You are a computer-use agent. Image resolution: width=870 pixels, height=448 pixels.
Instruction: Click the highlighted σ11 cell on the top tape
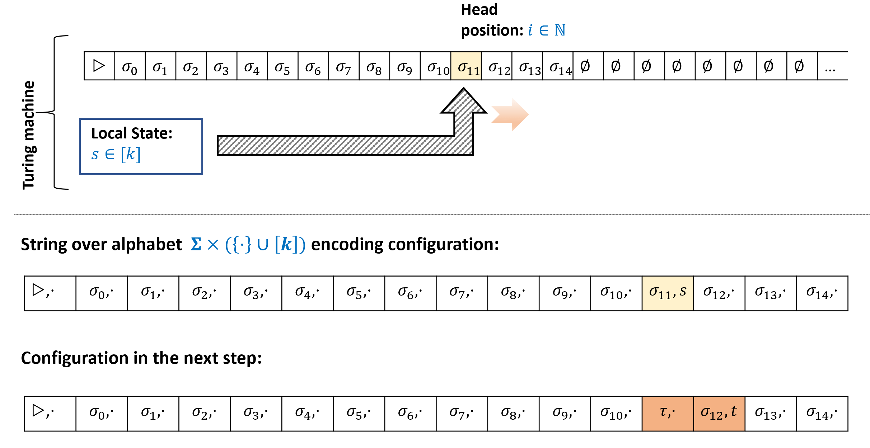click(x=466, y=66)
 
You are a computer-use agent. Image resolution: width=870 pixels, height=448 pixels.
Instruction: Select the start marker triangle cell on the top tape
click(x=99, y=66)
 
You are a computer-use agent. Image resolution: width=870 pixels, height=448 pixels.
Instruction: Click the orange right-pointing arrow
click(x=510, y=114)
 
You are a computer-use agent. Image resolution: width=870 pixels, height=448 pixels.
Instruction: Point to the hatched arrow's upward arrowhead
click(x=464, y=102)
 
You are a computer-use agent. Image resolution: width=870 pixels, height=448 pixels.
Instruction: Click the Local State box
click(x=141, y=146)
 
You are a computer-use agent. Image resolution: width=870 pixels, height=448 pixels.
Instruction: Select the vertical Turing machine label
click(x=29, y=135)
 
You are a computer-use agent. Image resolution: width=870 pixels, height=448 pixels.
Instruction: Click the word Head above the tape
click(x=479, y=10)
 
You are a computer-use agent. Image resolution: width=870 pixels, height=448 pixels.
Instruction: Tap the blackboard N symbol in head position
click(x=560, y=30)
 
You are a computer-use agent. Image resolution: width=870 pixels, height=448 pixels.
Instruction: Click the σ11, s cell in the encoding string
click(x=668, y=293)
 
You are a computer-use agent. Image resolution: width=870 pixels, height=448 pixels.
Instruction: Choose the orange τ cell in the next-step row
click(x=668, y=413)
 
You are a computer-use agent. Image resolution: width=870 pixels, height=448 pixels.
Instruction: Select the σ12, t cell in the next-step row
click(x=719, y=413)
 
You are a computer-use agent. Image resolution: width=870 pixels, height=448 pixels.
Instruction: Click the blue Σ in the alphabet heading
click(x=196, y=245)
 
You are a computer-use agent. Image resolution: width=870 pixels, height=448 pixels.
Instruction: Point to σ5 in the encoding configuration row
click(x=359, y=293)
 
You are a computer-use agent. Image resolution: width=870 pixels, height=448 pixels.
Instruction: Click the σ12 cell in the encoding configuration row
click(x=719, y=293)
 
